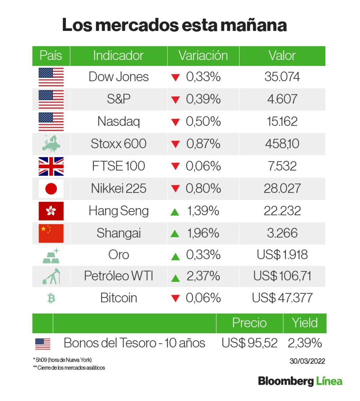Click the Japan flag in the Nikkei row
51,189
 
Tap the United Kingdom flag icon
51,166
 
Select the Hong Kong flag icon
51,211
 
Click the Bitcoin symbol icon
51,298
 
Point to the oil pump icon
51,276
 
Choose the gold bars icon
51,255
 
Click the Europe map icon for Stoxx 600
51,144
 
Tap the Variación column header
203,56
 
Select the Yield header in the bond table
305,323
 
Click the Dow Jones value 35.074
282,77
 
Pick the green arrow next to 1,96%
175,234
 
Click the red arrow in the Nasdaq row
175,122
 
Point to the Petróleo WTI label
118,276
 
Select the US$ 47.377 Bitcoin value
282,298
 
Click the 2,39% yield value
305,343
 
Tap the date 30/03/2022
307,361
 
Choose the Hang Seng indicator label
118,211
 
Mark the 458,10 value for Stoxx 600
282,144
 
